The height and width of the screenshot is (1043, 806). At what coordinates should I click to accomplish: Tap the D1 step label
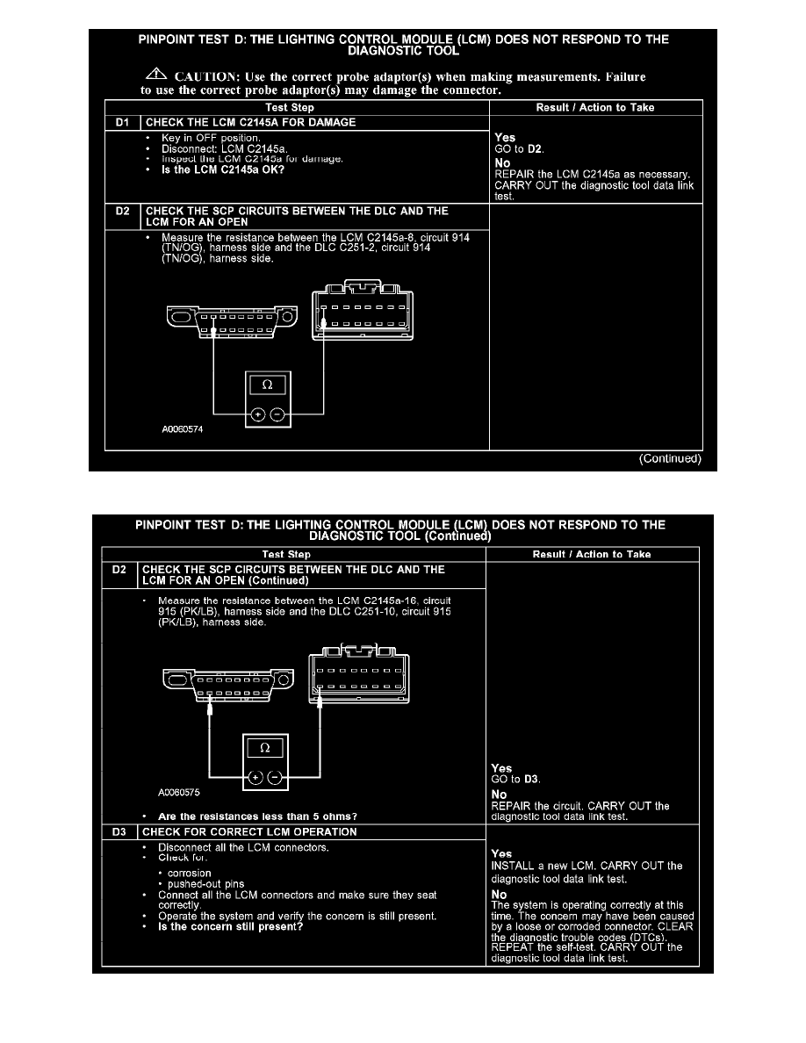(x=122, y=122)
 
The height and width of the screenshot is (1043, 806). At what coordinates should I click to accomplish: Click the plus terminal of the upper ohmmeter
(x=258, y=415)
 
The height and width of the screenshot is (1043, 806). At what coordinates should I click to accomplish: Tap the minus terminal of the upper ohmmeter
(x=277, y=415)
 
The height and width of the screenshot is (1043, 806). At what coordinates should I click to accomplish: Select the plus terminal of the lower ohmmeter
(x=255, y=778)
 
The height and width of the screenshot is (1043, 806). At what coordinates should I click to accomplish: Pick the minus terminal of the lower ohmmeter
(x=276, y=778)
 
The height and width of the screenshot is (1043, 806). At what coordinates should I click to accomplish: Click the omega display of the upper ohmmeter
(x=268, y=386)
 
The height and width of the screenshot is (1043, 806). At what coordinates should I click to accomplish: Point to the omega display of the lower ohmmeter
(x=265, y=749)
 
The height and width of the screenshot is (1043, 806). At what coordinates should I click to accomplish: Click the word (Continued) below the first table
(x=670, y=458)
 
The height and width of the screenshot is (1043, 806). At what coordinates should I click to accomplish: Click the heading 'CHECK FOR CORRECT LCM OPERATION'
(x=249, y=831)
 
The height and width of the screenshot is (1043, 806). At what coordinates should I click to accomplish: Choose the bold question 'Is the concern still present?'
(x=230, y=926)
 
